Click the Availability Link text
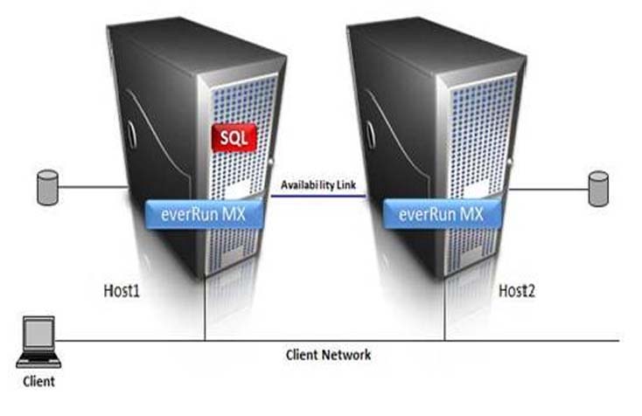(318, 184)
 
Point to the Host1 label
(116, 285)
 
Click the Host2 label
(516, 286)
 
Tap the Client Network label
(328, 355)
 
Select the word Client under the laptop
(38, 381)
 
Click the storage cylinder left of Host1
(46, 188)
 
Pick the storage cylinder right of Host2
(598, 189)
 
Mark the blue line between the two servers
(318, 197)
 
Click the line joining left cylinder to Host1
(92, 186)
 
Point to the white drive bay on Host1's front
(235, 189)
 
